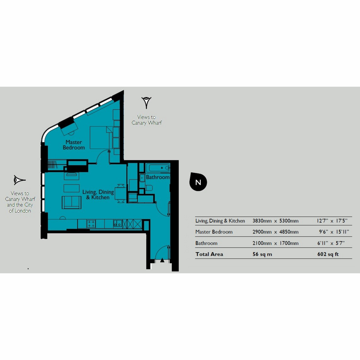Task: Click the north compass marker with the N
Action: [x=198, y=182]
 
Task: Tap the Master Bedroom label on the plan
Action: [x=74, y=145]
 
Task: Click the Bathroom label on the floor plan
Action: [x=158, y=177]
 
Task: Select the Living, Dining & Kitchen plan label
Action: [x=98, y=194]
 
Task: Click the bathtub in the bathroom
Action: [x=158, y=168]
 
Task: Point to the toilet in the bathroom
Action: [x=149, y=187]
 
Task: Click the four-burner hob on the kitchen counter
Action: [x=91, y=223]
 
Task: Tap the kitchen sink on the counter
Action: [x=118, y=223]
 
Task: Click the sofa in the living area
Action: [x=72, y=202]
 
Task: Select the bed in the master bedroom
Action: [x=101, y=138]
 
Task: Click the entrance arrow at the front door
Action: [x=162, y=260]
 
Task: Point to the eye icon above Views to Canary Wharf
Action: [x=146, y=103]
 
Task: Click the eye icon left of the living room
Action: [x=19, y=180]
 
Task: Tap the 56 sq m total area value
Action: [x=262, y=254]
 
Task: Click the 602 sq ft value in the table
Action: [x=328, y=254]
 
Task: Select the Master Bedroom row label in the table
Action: [x=214, y=232]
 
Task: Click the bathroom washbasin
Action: [x=142, y=178]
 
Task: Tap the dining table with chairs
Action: [x=120, y=193]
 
